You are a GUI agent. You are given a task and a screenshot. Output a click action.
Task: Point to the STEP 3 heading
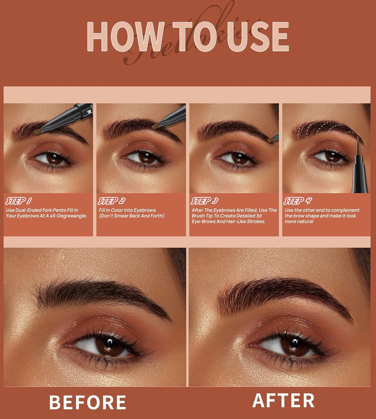204,201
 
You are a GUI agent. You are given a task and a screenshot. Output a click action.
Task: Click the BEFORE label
88,402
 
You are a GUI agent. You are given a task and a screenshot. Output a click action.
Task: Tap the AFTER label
283,400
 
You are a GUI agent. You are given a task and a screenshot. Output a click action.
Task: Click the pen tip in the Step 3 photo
271,139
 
